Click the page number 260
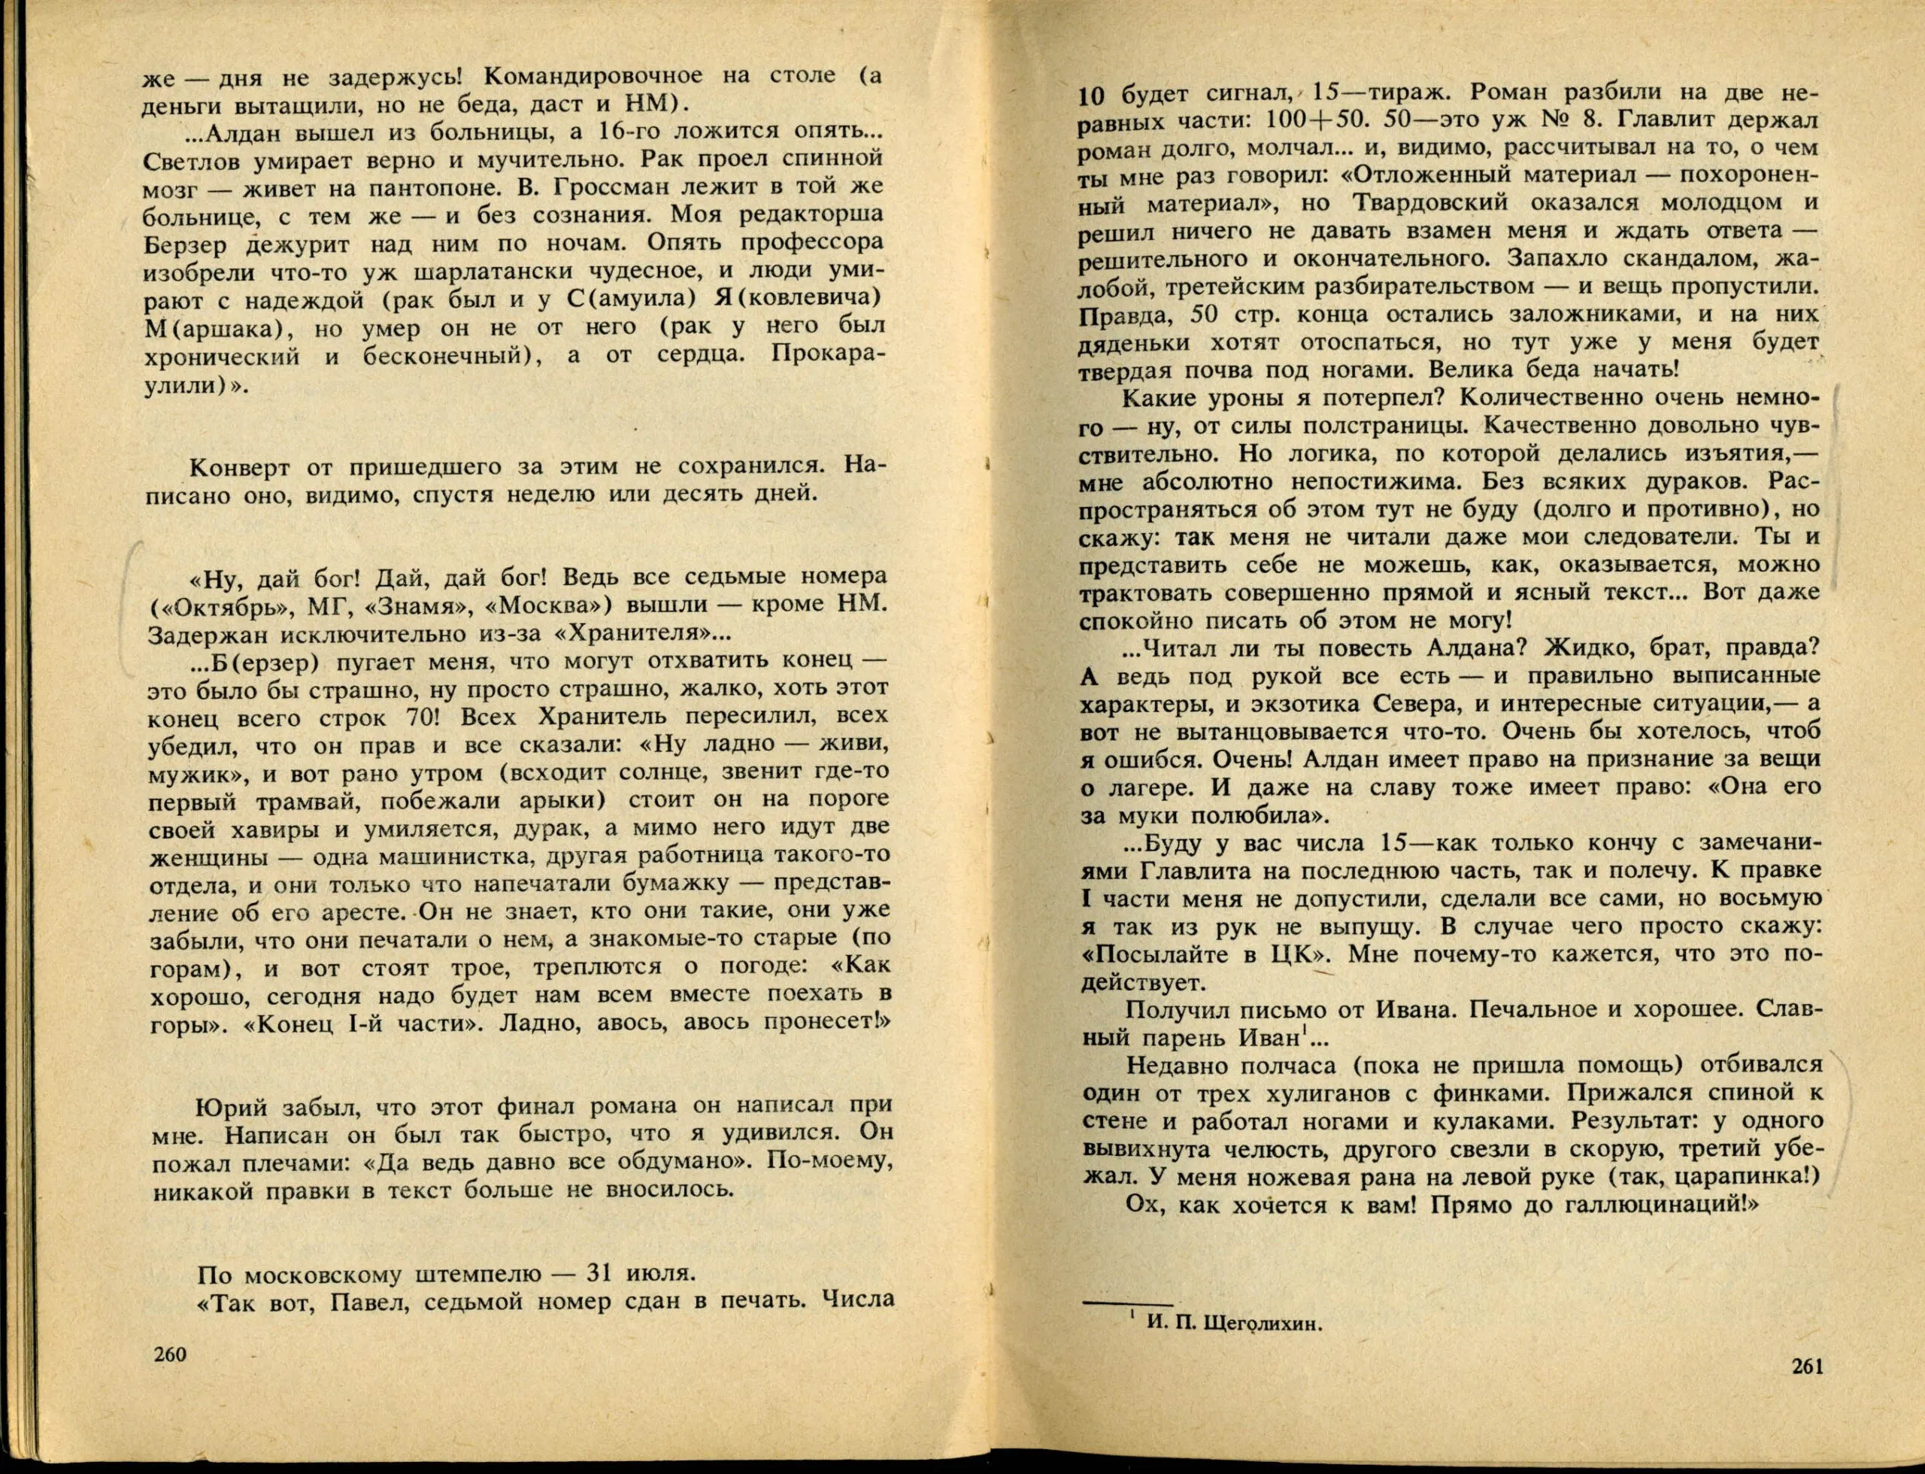[169, 1378]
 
